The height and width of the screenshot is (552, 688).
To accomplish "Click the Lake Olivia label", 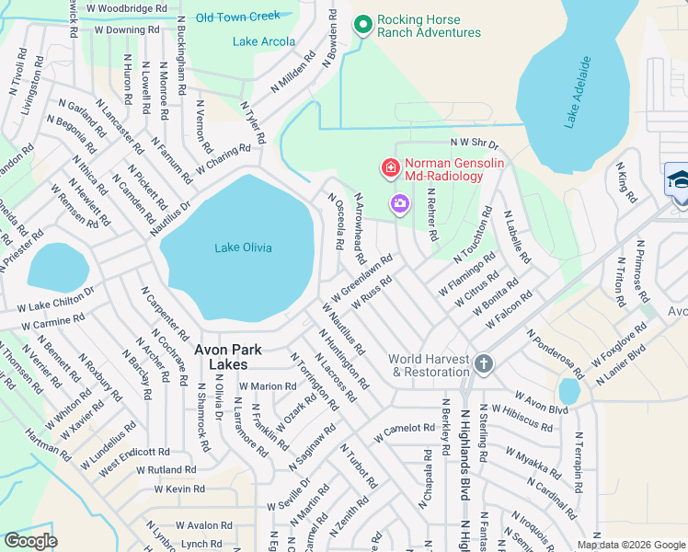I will click(x=243, y=247).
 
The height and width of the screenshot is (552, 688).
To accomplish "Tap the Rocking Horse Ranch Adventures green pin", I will click(x=363, y=25).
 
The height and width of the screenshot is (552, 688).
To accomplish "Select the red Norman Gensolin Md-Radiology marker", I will click(x=390, y=167).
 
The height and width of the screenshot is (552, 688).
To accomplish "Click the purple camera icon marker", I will click(x=400, y=202).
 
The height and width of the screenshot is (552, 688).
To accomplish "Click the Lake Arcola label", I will click(x=264, y=41).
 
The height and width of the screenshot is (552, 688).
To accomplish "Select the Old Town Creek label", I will click(x=237, y=17).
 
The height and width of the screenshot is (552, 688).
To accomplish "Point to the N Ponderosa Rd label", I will click(x=555, y=353).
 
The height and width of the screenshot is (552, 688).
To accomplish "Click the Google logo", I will click(x=30, y=541).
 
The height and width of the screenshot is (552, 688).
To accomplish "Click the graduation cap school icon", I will click(x=677, y=178).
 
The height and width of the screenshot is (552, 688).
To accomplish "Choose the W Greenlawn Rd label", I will click(x=363, y=273).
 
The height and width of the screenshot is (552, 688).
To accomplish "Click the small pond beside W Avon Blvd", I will click(x=569, y=392).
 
